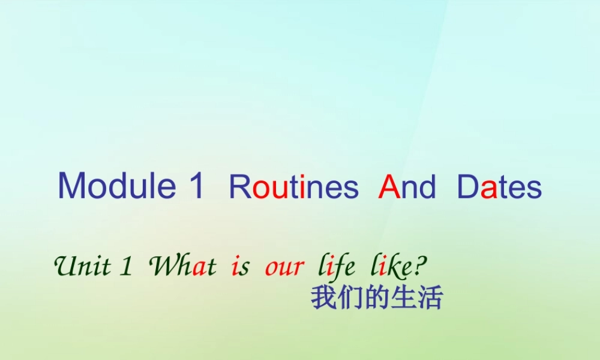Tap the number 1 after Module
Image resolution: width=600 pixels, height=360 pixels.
(x=197, y=186)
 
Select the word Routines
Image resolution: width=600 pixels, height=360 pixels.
(x=293, y=187)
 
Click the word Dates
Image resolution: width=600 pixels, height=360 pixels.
(x=499, y=187)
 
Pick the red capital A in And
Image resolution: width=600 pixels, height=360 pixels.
(x=389, y=187)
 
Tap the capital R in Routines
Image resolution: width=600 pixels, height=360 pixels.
(x=239, y=187)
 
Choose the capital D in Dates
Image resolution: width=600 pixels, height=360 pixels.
(x=468, y=187)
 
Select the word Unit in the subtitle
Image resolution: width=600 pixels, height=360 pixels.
(x=82, y=266)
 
